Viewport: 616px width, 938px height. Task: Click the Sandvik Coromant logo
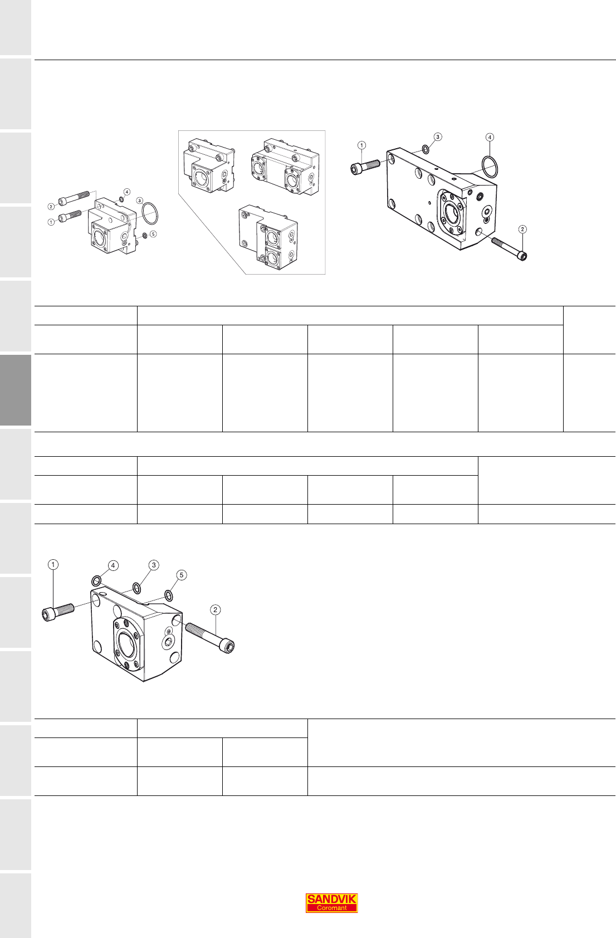tap(331, 903)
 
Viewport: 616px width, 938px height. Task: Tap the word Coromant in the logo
tap(331, 908)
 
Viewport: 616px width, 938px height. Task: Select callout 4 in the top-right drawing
tap(490, 138)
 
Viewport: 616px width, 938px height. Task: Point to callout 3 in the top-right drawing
tap(438, 137)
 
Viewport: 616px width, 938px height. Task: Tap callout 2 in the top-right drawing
tap(522, 229)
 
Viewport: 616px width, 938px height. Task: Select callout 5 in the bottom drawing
tap(182, 575)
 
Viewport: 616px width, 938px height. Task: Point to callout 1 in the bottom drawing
tap(53, 564)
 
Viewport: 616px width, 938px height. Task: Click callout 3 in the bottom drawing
tap(154, 565)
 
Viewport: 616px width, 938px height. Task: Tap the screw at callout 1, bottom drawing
tap(58, 612)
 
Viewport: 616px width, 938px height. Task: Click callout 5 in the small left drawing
tap(153, 233)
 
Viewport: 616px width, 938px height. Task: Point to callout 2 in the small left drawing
tap(51, 207)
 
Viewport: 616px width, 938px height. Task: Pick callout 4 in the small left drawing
tap(127, 192)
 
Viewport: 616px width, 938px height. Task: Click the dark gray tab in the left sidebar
tap(16, 390)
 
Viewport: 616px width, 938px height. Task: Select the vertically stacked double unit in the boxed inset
tap(268, 237)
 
